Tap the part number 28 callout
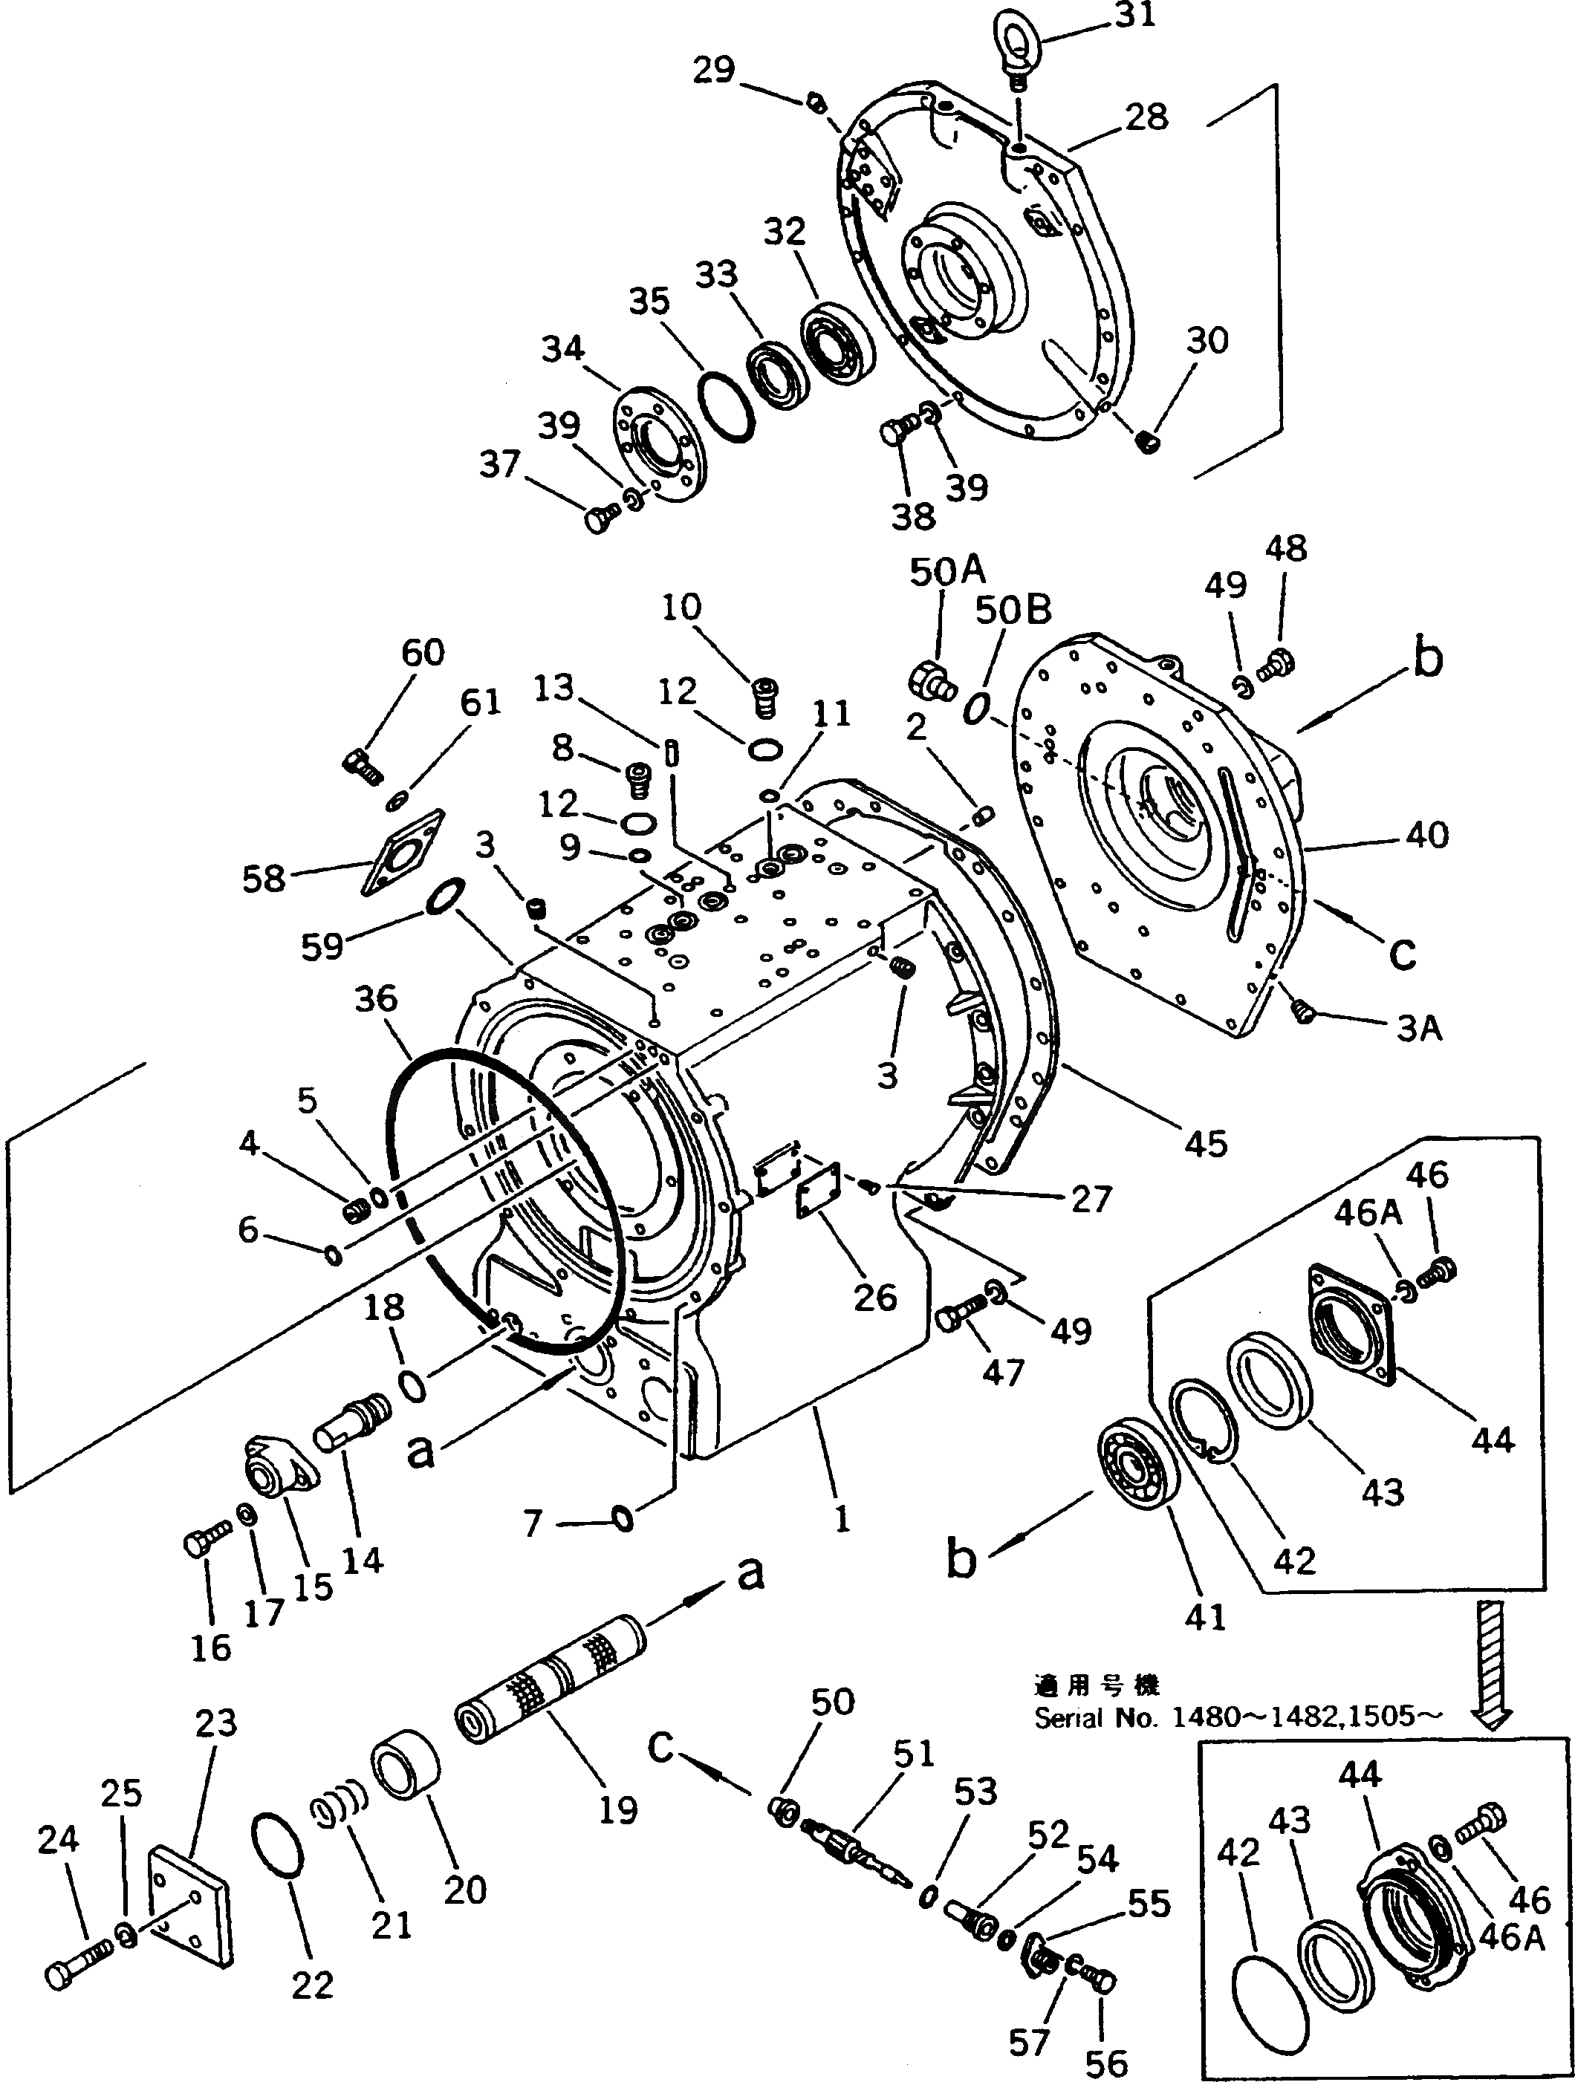(1146, 117)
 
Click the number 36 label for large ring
(376, 998)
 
